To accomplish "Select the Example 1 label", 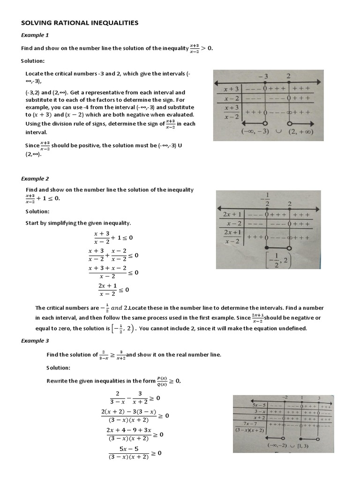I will pyautogui.click(x=34, y=36).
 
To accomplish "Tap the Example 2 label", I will pyautogui.click(x=34, y=179).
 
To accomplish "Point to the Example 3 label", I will pyautogui.click(x=34, y=341).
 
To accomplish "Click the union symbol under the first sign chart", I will pyautogui.click(x=278, y=132).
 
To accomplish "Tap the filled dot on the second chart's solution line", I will pyautogui.click(x=266, y=247).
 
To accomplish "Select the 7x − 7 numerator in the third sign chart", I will pyautogui.click(x=249, y=423).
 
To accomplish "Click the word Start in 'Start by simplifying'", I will pyautogui.click(x=32, y=223).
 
